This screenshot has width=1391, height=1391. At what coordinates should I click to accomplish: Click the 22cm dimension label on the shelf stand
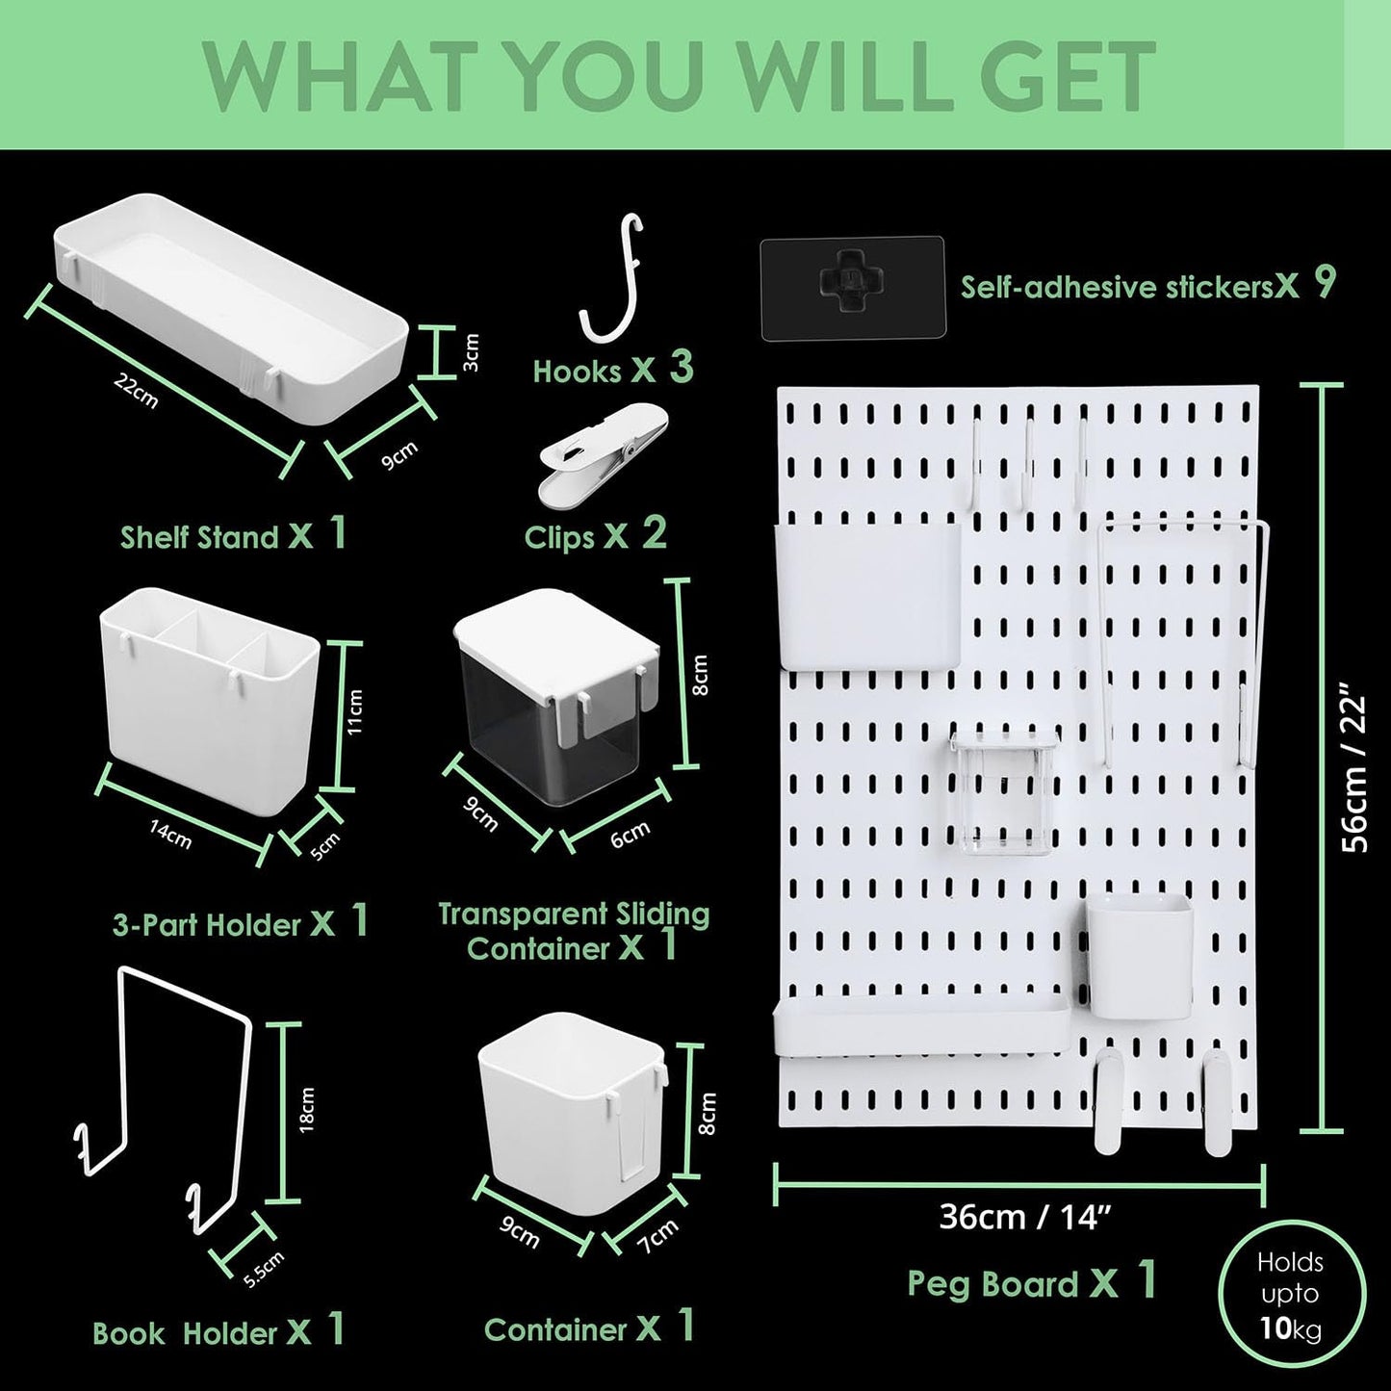point(136,392)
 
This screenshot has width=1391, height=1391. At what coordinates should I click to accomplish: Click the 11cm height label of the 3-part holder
point(355,711)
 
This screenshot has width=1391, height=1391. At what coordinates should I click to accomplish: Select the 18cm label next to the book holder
point(307,1109)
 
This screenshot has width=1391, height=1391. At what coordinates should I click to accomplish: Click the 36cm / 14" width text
point(1019,1217)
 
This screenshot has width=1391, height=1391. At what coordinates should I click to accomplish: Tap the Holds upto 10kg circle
point(1289,1296)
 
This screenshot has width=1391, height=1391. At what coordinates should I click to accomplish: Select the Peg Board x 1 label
point(1031,1282)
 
